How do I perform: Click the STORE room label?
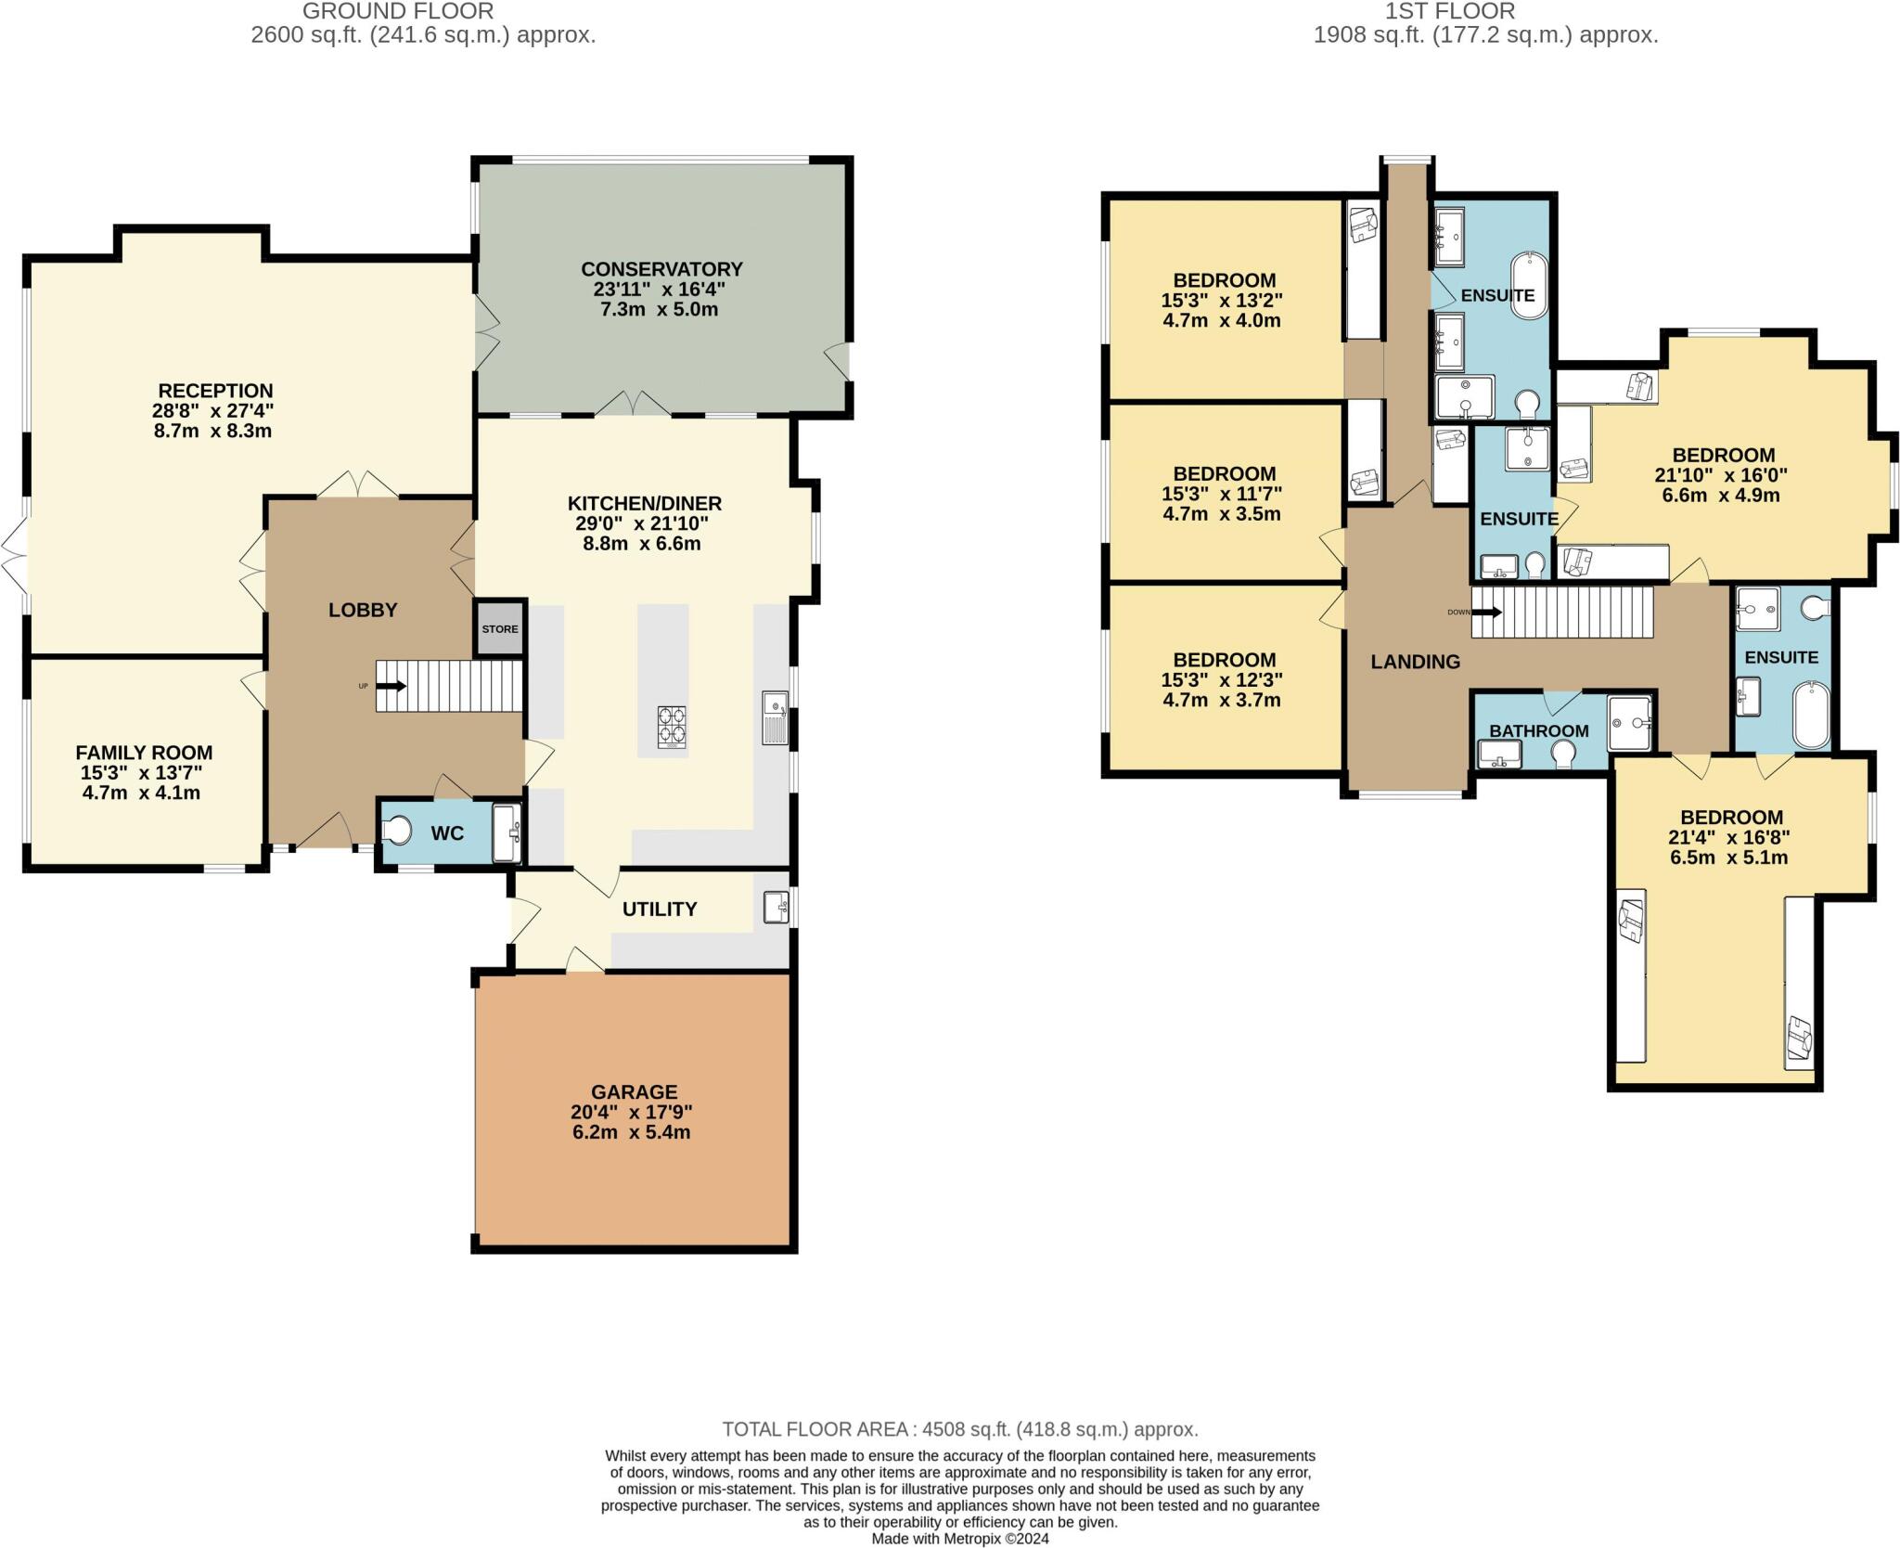coord(500,629)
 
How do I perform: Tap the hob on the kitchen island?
coord(673,727)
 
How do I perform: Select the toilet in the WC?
coord(397,830)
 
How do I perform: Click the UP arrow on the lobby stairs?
coord(391,687)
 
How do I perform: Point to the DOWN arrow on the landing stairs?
coord(1486,613)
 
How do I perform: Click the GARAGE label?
coord(635,1092)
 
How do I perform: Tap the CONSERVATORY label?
coord(661,269)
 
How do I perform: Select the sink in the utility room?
coord(776,907)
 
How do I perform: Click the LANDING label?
coord(1416,662)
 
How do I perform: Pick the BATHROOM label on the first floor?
coord(1539,731)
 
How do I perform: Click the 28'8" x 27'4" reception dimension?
coord(213,411)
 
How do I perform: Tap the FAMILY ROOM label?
coord(144,753)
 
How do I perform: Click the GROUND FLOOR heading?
coord(399,11)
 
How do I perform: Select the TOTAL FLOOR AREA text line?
coord(960,1429)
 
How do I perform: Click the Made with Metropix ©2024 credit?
coord(960,1539)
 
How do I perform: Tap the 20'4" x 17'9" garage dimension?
coord(632,1113)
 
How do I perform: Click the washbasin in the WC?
coord(507,832)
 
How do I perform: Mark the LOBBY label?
coord(363,610)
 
